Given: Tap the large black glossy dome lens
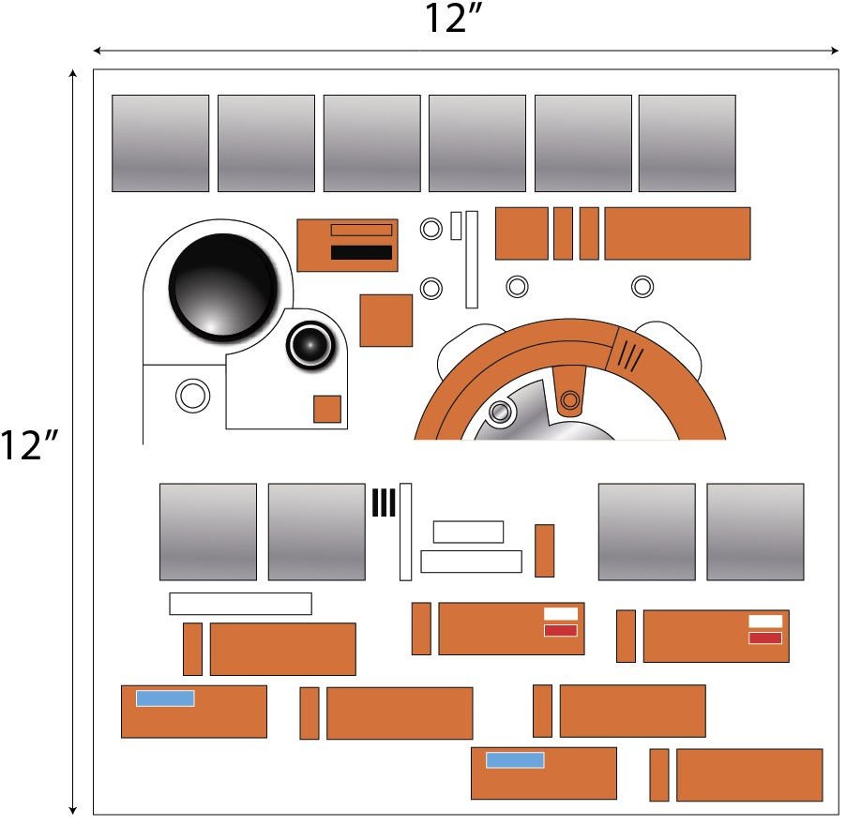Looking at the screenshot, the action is pos(223,286).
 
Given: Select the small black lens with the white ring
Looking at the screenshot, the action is pos(310,346).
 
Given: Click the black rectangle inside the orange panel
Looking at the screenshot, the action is pos(361,252).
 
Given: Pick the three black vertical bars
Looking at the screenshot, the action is pos(384,503).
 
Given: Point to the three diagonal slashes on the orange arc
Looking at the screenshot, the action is pos(630,355).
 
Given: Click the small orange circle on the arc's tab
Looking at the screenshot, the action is pos(567,402).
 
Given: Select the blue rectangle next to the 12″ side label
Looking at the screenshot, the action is pos(165,698).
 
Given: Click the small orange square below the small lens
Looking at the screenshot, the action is pos(326,409).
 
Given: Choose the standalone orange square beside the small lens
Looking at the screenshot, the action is pos(385,321).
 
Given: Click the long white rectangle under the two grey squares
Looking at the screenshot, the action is pos(240,604).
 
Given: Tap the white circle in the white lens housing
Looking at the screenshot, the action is pos(192,396).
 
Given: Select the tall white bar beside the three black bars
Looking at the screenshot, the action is pos(405,532).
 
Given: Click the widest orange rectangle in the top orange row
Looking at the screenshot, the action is pos(677,233).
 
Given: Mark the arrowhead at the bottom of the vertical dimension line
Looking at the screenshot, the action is pos(73,808).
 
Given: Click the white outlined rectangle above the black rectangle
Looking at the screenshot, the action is pos(361,230).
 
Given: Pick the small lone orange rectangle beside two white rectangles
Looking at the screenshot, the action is pos(544,550).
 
